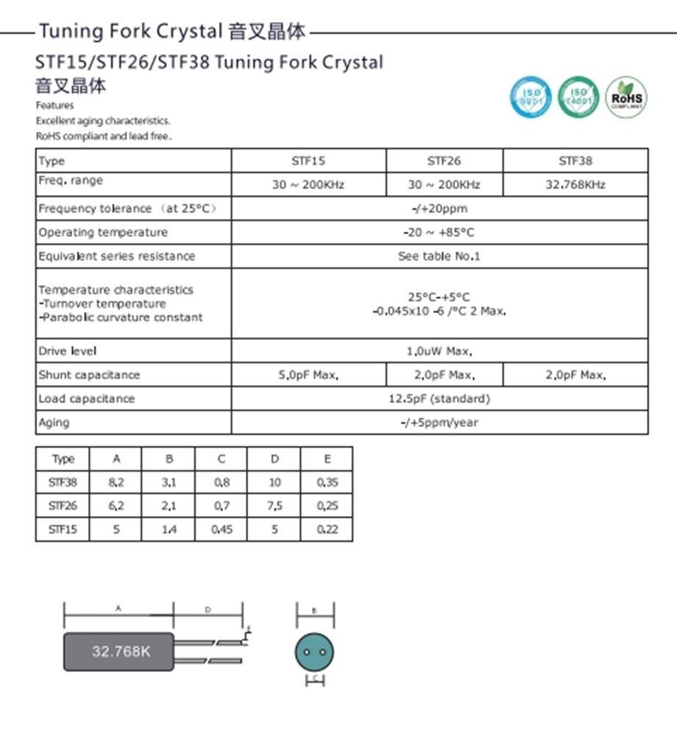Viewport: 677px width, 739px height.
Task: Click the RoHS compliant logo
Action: [x=626, y=97]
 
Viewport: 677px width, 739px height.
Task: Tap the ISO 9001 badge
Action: [x=531, y=97]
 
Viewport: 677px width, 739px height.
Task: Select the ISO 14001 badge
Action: [x=578, y=97]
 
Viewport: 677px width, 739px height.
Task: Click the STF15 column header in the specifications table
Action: [x=308, y=160]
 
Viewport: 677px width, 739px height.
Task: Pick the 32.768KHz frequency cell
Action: [x=575, y=185]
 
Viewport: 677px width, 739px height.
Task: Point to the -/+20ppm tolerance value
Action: [x=439, y=208]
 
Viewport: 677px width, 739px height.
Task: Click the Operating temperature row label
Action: [x=103, y=233]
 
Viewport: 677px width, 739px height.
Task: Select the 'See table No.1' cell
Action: [x=439, y=256]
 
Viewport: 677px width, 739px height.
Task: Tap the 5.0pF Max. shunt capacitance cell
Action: [x=308, y=375]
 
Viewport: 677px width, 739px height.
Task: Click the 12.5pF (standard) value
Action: [x=439, y=399]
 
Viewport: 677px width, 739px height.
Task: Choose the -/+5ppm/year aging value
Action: [x=439, y=422]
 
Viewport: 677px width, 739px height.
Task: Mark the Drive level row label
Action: [x=68, y=351]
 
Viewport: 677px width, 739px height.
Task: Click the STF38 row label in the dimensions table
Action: [x=63, y=483]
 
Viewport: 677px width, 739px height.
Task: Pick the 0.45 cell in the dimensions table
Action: [x=221, y=529]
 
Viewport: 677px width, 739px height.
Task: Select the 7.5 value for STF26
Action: [x=274, y=506]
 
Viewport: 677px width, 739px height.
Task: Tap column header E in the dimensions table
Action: [x=327, y=459]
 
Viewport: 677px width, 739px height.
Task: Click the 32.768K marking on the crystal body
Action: [x=121, y=651]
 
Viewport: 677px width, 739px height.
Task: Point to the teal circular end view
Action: [x=314, y=651]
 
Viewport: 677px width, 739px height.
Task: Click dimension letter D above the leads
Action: [x=208, y=609]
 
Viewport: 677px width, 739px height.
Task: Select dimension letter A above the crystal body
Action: [x=118, y=609]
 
